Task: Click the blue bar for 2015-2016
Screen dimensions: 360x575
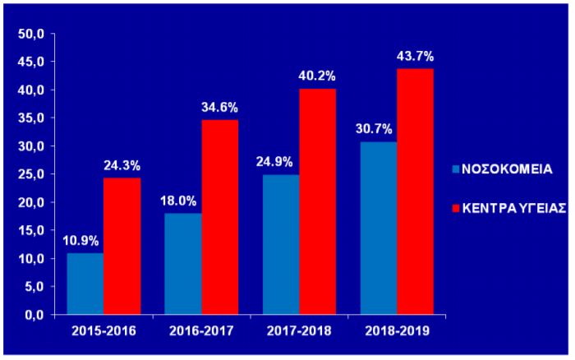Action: coord(85,284)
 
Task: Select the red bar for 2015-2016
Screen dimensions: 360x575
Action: coord(122,247)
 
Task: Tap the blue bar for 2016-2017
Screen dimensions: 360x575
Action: coord(183,264)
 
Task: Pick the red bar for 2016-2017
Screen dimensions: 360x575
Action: coord(219,217)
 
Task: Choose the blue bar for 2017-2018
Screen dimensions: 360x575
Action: coord(281,244)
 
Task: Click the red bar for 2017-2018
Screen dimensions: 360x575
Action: coord(317,201)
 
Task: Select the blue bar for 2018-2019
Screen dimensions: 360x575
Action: coord(379,228)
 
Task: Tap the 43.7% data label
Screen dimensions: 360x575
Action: coord(415,57)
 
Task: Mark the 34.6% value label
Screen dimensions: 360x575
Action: coord(219,108)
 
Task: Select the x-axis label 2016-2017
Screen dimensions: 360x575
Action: coord(201,332)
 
